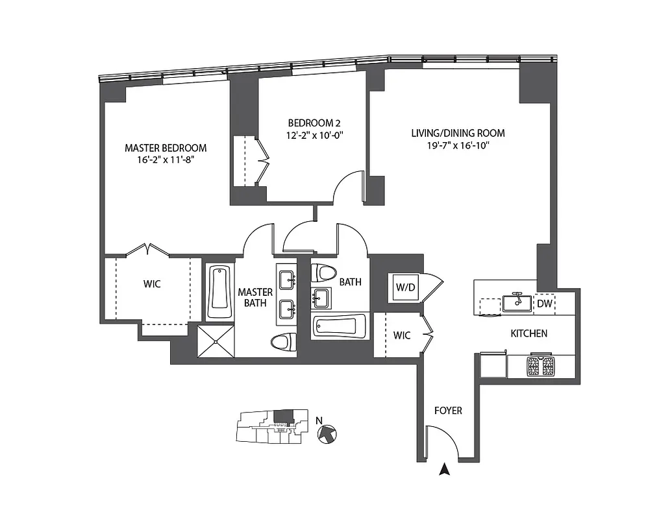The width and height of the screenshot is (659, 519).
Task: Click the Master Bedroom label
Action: click(x=166, y=148)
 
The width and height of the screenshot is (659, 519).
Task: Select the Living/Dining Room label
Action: click(x=458, y=134)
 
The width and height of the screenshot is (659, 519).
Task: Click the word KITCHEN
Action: click(x=528, y=333)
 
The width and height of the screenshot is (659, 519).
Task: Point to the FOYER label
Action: click(x=448, y=411)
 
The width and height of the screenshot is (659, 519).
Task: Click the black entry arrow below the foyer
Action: click(x=445, y=469)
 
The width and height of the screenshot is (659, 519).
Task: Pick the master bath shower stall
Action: click(x=216, y=340)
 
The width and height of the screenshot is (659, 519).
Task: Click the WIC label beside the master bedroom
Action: click(x=152, y=284)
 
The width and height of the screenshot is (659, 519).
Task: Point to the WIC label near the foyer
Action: click(x=402, y=335)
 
